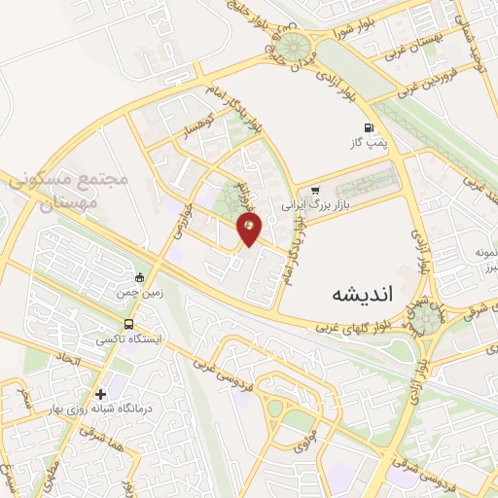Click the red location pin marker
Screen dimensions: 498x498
(x=251, y=230)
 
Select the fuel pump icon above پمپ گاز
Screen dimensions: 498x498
(x=367, y=127)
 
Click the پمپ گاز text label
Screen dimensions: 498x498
(x=370, y=143)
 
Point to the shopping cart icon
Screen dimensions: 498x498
(x=314, y=191)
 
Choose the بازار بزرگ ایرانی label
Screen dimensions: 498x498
(x=314, y=206)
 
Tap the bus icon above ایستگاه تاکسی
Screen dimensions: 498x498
(x=128, y=324)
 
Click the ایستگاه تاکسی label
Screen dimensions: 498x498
(x=129, y=340)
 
